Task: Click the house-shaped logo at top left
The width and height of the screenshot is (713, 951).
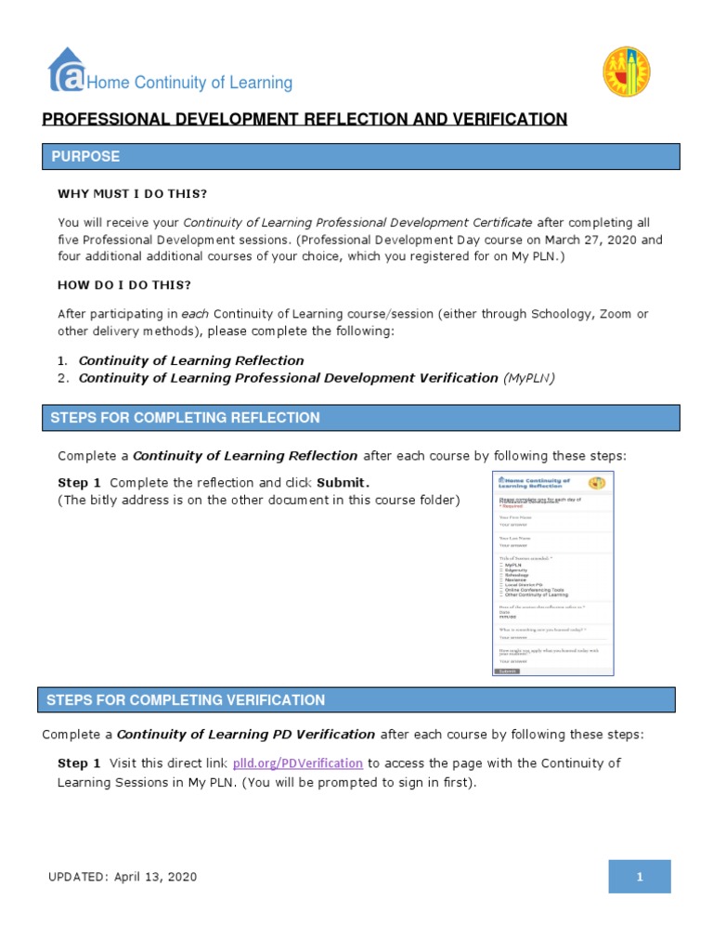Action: [x=66, y=72]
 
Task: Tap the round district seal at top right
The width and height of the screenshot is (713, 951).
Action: [x=627, y=72]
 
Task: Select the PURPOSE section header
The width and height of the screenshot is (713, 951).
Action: [x=84, y=157]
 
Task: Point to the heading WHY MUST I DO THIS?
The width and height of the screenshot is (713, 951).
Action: [x=133, y=194]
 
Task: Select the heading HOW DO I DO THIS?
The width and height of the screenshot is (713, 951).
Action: [x=124, y=285]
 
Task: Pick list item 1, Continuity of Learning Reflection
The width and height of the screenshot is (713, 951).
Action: [x=191, y=360]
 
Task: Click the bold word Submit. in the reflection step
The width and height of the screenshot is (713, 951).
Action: [x=343, y=483]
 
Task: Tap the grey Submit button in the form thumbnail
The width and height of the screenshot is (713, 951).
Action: [x=507, y=671]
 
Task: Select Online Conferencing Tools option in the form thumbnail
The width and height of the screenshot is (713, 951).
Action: [x=534, y=590]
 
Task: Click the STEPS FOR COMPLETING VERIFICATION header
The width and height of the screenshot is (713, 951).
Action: [x=186, y=700]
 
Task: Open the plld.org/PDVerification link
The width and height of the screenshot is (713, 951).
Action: [x=297, y=763]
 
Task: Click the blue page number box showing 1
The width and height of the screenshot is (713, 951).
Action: [x=640, y=877]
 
